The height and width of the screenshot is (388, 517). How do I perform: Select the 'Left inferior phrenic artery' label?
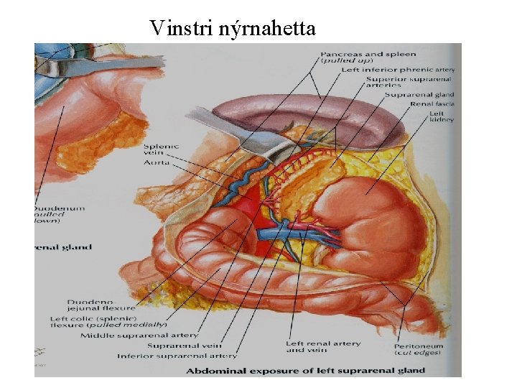pos(397,70)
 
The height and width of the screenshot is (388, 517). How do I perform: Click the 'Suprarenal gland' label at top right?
pos(419,94)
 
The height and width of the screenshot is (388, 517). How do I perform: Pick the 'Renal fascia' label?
pos(431,103)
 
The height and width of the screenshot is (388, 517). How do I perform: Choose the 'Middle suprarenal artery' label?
pos(139,335)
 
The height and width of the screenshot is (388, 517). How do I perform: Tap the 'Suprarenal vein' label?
pos(185,346)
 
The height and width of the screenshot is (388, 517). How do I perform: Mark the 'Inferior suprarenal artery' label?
pos(177,356)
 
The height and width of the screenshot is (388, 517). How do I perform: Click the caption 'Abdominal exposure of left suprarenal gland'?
pos(305,371)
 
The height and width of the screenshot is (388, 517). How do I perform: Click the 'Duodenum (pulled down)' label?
pos(60,213)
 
